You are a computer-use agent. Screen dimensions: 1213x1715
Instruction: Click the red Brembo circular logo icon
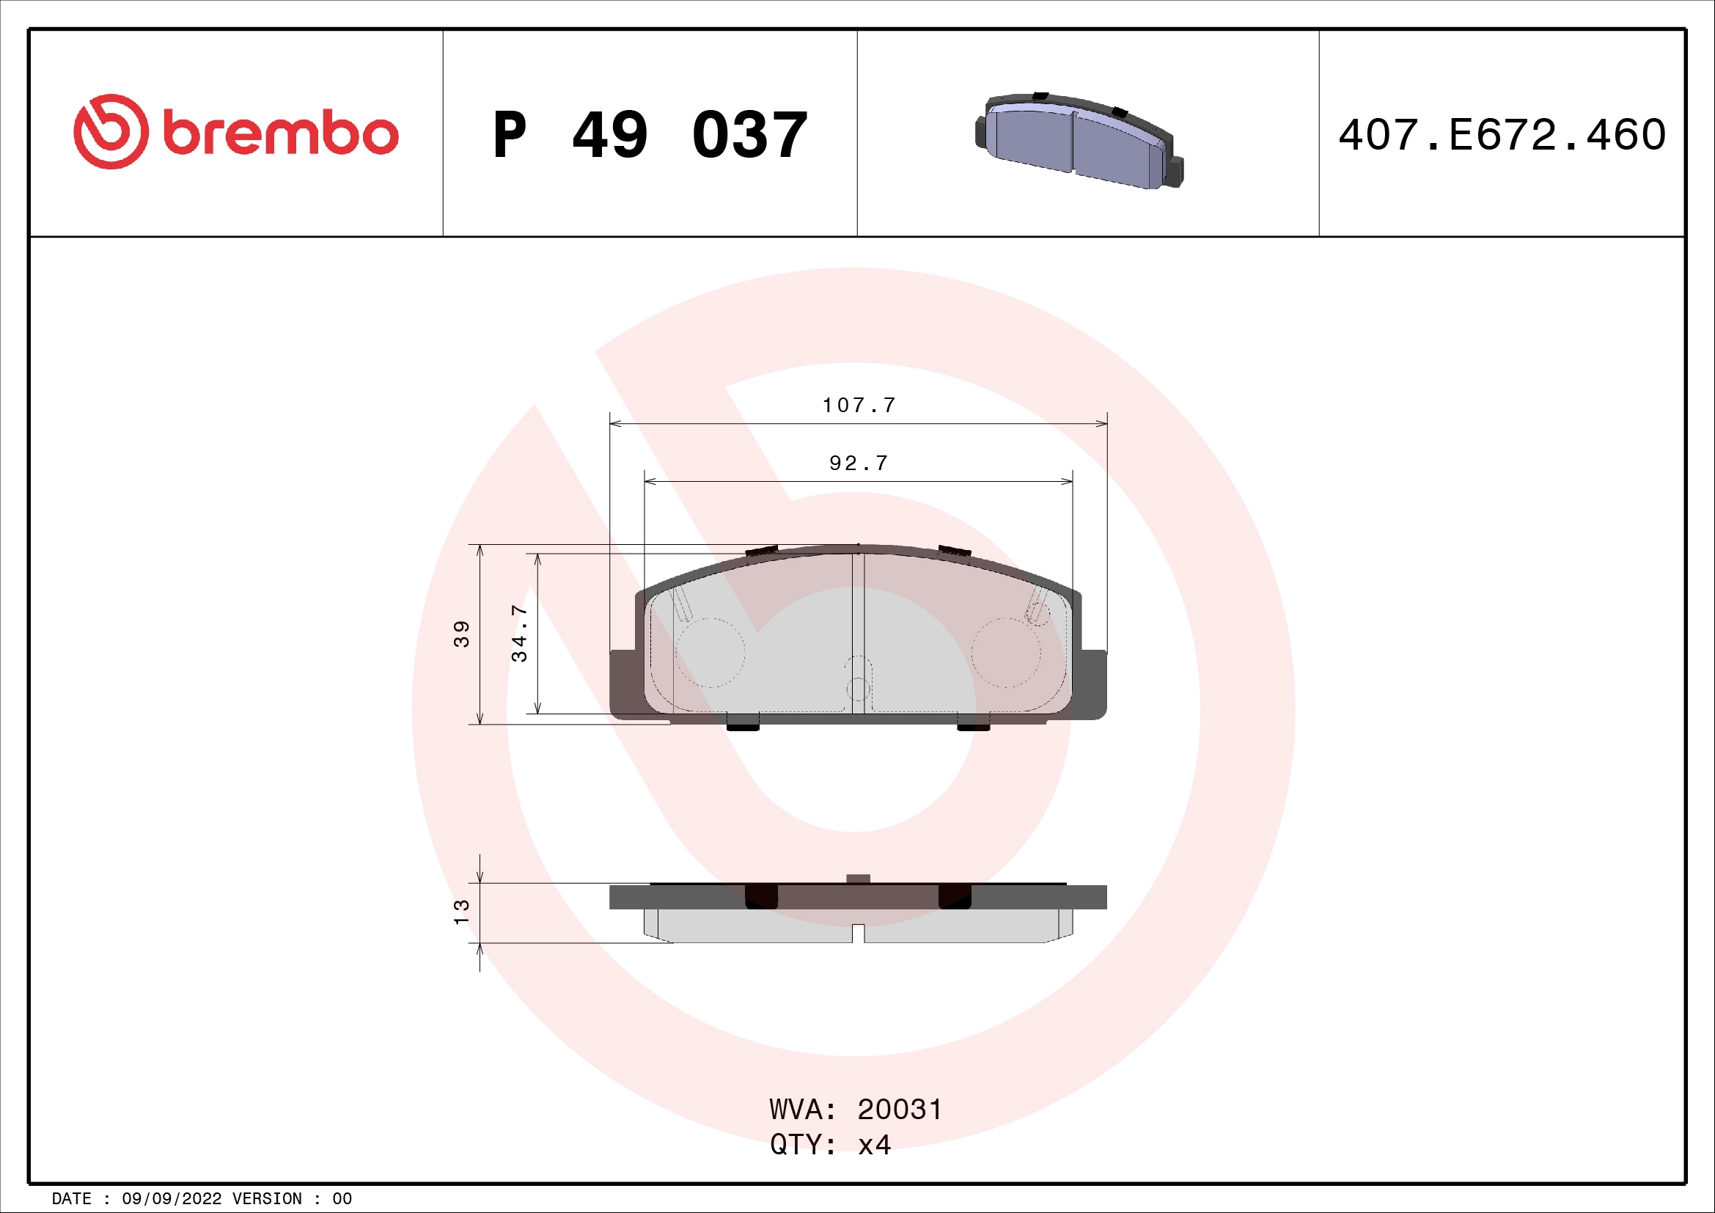tap(110, 131)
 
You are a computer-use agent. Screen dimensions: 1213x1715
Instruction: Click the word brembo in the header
tap(280, 134)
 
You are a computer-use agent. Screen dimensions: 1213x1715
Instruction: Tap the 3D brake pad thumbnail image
tap(1079, 140)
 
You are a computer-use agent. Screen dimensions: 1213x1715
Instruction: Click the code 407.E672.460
tap(1502, 135)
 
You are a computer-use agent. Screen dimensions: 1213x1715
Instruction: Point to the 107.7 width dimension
tap(859, 406)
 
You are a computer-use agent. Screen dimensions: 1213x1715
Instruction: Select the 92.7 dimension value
tap(859, 463)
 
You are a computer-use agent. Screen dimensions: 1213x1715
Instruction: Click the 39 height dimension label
tap(462, 634)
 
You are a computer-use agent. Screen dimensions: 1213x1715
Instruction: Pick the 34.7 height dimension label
tap(519, 634)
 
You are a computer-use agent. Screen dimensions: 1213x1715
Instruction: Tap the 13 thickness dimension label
tap(462, 912)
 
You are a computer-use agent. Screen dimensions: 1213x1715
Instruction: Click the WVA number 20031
tap(900, 1110)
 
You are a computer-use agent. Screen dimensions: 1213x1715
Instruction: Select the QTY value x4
tap(874, 1145)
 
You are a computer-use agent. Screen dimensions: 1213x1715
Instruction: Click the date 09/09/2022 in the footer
tap(171, 1199)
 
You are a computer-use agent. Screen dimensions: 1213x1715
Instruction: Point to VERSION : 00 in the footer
tap(291, 1199)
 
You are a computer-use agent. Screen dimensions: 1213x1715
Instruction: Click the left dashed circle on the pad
tap(710, 652)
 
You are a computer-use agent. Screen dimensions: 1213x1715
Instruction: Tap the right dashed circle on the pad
tap(1005, 652)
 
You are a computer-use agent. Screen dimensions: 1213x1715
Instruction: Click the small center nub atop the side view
tap(859, 879)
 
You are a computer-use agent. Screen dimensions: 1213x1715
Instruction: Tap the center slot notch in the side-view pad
tap(859, 934)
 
